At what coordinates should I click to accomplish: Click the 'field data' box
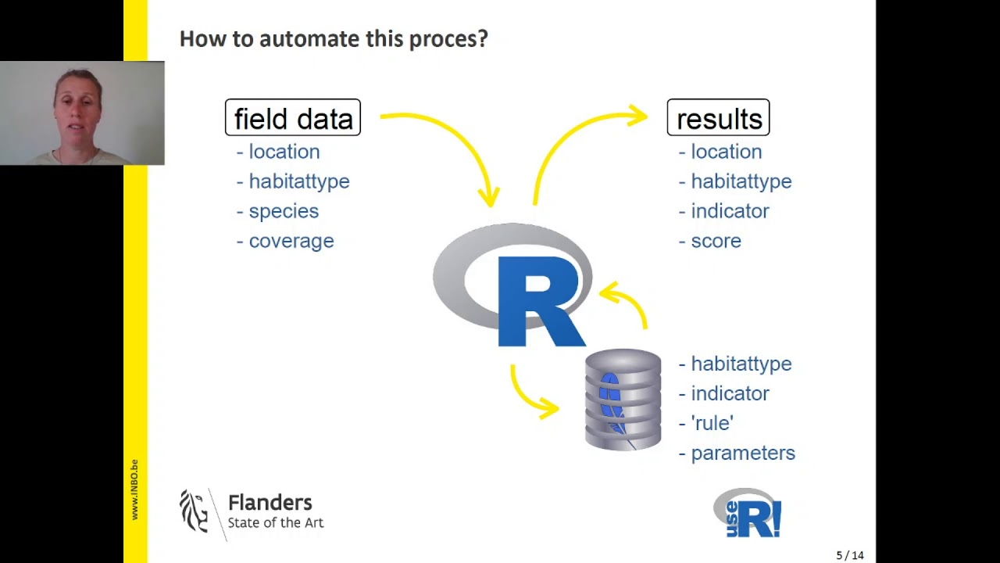293,118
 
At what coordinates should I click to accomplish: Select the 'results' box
718,118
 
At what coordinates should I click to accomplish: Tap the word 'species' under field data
284,211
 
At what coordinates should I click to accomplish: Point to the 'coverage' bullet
291,241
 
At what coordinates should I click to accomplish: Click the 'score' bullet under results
716,241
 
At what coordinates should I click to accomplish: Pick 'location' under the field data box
284,152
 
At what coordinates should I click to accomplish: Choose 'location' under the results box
726,152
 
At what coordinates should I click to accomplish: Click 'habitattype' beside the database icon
741,364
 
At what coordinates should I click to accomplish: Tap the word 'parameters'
742,453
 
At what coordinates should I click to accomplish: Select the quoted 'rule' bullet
712,423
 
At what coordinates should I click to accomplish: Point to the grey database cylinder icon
623,400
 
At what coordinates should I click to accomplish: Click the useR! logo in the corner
748,513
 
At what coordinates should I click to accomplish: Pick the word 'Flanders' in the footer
270,503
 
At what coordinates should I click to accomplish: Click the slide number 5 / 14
849,555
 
